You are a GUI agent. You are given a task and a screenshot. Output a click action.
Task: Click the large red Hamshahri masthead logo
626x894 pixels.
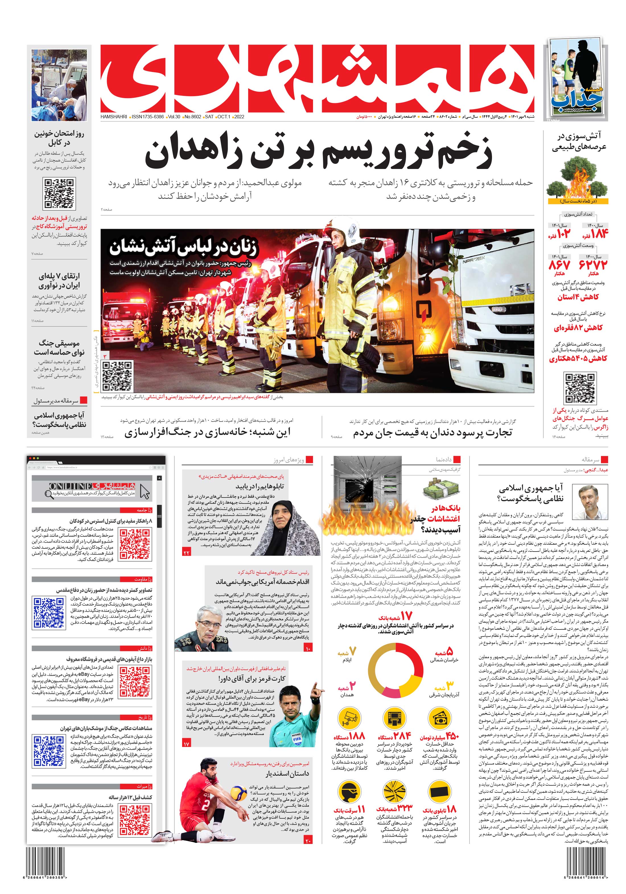click(317, 78)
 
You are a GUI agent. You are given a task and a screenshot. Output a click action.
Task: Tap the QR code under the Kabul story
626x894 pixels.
click(59, 193)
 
